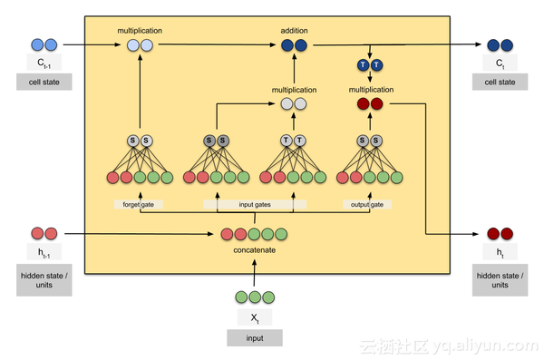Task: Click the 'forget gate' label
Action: click(140, 205)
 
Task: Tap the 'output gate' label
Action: click(368, 205)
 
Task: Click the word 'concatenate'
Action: click(255, 250)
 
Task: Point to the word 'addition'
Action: click(294, 30)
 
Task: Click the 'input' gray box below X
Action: click(255, 337)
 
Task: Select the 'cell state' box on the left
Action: click(44, 82)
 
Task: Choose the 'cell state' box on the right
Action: click(500, 82)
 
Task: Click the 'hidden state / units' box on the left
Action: click(44, 278)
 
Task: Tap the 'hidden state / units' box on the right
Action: click(500, 278)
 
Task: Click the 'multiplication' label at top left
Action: click(140, 30)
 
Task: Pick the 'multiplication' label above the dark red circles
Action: click(370, 90)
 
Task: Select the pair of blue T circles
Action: click(370, 65)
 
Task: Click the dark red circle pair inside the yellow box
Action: click(370, 104)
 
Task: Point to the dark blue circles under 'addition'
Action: click(294, 44)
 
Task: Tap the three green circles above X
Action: click(255, 297)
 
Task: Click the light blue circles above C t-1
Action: click(44, 44)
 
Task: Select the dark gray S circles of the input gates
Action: click(216, 141)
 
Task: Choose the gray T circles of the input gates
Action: click(293, 141)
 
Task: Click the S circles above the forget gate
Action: click(140, 141)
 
